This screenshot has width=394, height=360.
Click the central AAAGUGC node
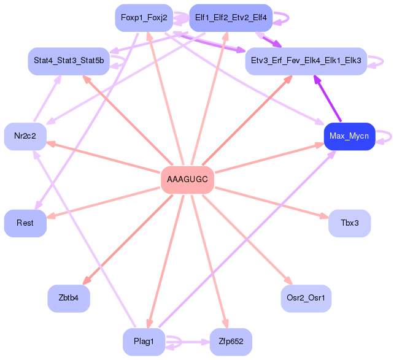(x=187, y=180)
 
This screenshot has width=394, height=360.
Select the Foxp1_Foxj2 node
(x=144, y=18)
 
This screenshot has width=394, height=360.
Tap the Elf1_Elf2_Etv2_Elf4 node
(x=231, y=18)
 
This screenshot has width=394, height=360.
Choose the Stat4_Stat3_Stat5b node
(x=69, y=61)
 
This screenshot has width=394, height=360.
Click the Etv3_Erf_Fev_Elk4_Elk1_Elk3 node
(x=306, y=61)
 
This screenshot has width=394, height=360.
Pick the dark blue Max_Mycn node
(x=349, y=136)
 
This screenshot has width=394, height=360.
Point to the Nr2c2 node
(x=25, y=136)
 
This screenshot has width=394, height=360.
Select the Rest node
(x=25, y=223)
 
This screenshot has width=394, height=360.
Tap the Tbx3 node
(x=349, y=223)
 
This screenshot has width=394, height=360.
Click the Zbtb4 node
(x=69, y=299)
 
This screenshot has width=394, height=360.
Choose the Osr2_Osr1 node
(x=306, y=299)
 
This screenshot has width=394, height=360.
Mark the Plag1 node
(x=144, y=342)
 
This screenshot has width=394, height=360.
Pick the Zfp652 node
(x=231, y=342)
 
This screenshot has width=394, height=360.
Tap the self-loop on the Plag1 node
(x=176, y=341)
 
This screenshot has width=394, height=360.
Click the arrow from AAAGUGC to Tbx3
(x=270, y=202)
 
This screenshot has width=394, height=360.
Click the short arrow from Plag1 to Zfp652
(x=193, y=342)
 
